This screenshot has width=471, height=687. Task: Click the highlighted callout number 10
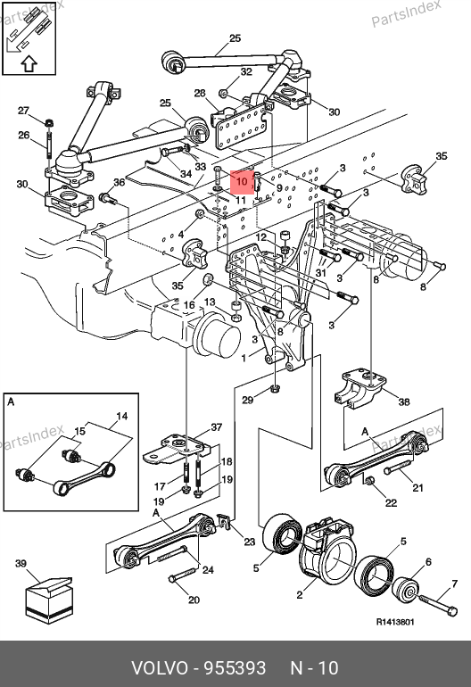point(242,182)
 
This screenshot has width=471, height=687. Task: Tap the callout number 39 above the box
point(21,564)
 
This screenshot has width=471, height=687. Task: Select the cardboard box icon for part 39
point(48,600)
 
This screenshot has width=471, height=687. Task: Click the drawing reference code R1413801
point(395,622)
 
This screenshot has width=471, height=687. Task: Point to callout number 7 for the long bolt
point(454,584)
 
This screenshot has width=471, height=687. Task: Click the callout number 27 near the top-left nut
point(23,111)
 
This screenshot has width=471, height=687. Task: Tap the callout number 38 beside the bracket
point(403,401)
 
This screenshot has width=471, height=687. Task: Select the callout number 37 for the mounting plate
point(217,426)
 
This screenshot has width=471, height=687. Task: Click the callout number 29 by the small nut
point(248,400)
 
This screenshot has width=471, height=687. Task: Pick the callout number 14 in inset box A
point(122,416)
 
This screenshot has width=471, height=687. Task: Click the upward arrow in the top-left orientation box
point(29,64)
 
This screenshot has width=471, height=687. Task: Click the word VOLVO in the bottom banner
point(160,668)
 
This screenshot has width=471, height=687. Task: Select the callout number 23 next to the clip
point(249,542)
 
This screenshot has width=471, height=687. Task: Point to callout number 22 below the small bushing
point(391,503)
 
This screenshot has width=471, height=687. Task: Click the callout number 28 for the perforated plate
point(200,94)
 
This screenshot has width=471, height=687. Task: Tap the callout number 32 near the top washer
point(246,71)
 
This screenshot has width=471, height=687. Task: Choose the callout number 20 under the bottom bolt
point(194,600)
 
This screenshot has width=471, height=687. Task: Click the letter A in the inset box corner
point(11,401)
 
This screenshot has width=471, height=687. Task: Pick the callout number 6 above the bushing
point(428,562)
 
